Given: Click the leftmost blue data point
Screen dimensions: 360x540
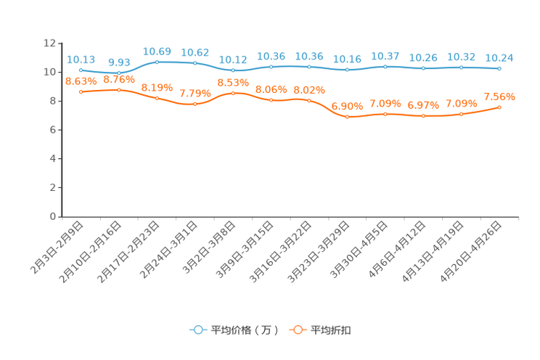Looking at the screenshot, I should tap(81, 70).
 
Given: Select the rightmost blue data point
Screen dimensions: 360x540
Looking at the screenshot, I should tap(499, 68).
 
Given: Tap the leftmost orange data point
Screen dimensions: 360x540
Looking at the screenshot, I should tap(81, 91).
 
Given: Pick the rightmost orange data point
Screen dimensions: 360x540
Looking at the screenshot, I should tap(499, 107).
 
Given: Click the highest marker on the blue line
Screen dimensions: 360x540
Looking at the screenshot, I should tap(157, 62).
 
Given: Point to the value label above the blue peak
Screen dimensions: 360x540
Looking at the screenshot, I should tap(157, 52).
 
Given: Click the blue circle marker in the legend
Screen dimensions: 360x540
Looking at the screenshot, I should tap(197, 330).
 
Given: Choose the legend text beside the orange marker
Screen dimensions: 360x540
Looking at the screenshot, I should tap(332, 330).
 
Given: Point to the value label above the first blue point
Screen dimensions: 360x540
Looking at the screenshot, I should tap(81, 59).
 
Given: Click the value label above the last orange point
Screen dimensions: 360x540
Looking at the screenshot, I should tap(499, 97).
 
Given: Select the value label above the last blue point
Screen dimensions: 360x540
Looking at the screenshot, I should tap(499, 57).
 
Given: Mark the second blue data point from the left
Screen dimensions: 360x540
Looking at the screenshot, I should tap(119, 73).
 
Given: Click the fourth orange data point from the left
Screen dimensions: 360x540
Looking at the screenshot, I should tap(195, 104).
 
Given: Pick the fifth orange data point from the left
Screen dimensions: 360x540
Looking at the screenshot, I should tap(233, 93).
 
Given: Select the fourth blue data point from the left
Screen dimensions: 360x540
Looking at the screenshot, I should tap(195, 63).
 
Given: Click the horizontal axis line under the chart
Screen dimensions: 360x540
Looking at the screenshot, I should tap(290, 216).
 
